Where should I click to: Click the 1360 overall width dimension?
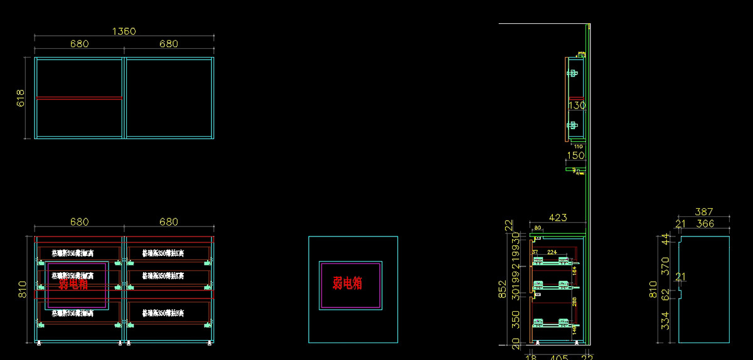(x=124, y=31)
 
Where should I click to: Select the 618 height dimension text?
(x=20, y=98)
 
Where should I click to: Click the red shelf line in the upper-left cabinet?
(x=79, y=97)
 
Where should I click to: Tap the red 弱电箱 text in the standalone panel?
(x=348, y=283)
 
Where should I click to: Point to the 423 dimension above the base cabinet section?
(x=558, y=218)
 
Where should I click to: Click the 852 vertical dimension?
(x=502, y=289)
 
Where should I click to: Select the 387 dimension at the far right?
(x=704, y=213)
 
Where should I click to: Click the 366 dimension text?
(x=705, y=223)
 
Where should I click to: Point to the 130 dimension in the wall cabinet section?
(x=577, y=106)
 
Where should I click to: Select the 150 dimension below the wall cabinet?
(x=575, y=155)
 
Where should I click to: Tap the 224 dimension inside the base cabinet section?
(x=552, y=251)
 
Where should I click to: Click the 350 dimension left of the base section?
(x=516, y=319)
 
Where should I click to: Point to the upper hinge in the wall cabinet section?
(x=572, y=73)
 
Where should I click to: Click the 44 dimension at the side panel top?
(x=666, y=238)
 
